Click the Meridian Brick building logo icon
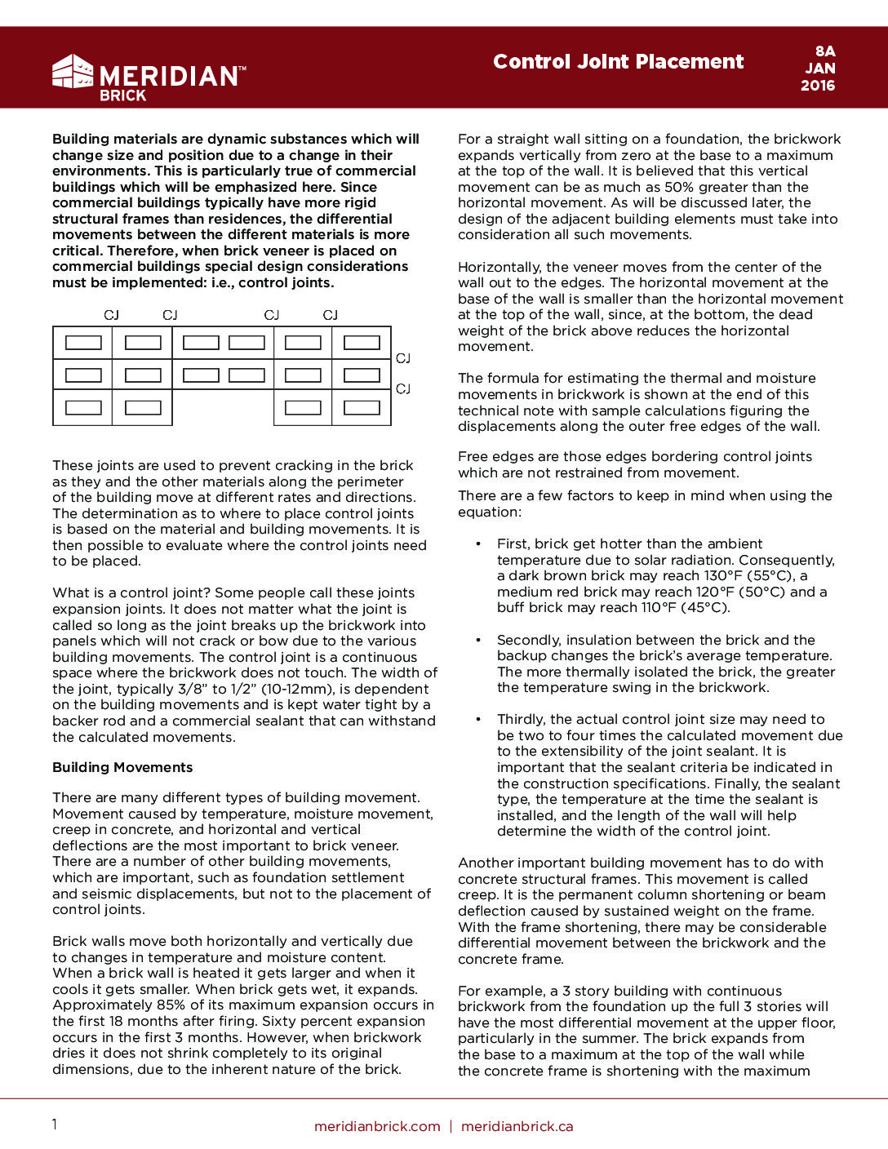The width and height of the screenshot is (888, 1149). point(73,71)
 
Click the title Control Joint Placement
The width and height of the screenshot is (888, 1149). point(618,62)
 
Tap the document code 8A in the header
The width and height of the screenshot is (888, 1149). point(824,51)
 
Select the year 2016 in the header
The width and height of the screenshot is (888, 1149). point(818,86)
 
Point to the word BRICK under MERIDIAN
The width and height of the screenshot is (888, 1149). point(122,95)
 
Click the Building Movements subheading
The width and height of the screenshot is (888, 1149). point(122,768)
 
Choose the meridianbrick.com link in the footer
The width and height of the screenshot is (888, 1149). point(377,1126)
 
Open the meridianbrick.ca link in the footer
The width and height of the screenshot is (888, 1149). point(517,1126)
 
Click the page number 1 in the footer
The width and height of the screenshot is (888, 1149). point(55,1125)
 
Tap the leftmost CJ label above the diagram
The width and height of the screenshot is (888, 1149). point(112,315)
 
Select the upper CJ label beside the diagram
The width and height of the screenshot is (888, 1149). point(403,358)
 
